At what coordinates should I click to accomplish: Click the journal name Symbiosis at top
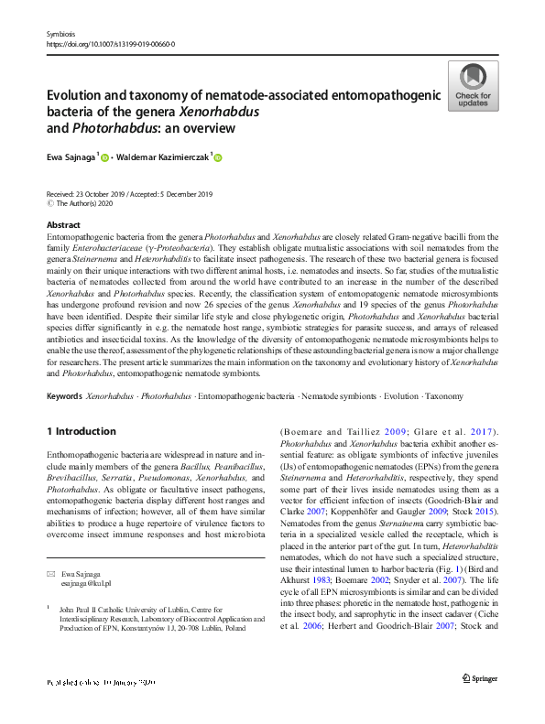click(59, 34)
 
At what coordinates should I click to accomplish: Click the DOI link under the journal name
click(110, 43)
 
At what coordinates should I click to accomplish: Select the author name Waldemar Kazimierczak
click(166, 157)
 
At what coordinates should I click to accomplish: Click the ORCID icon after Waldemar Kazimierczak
click(218, 158)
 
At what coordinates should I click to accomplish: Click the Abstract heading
click(63, 224)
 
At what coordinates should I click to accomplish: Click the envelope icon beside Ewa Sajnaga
click(50, 573)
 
